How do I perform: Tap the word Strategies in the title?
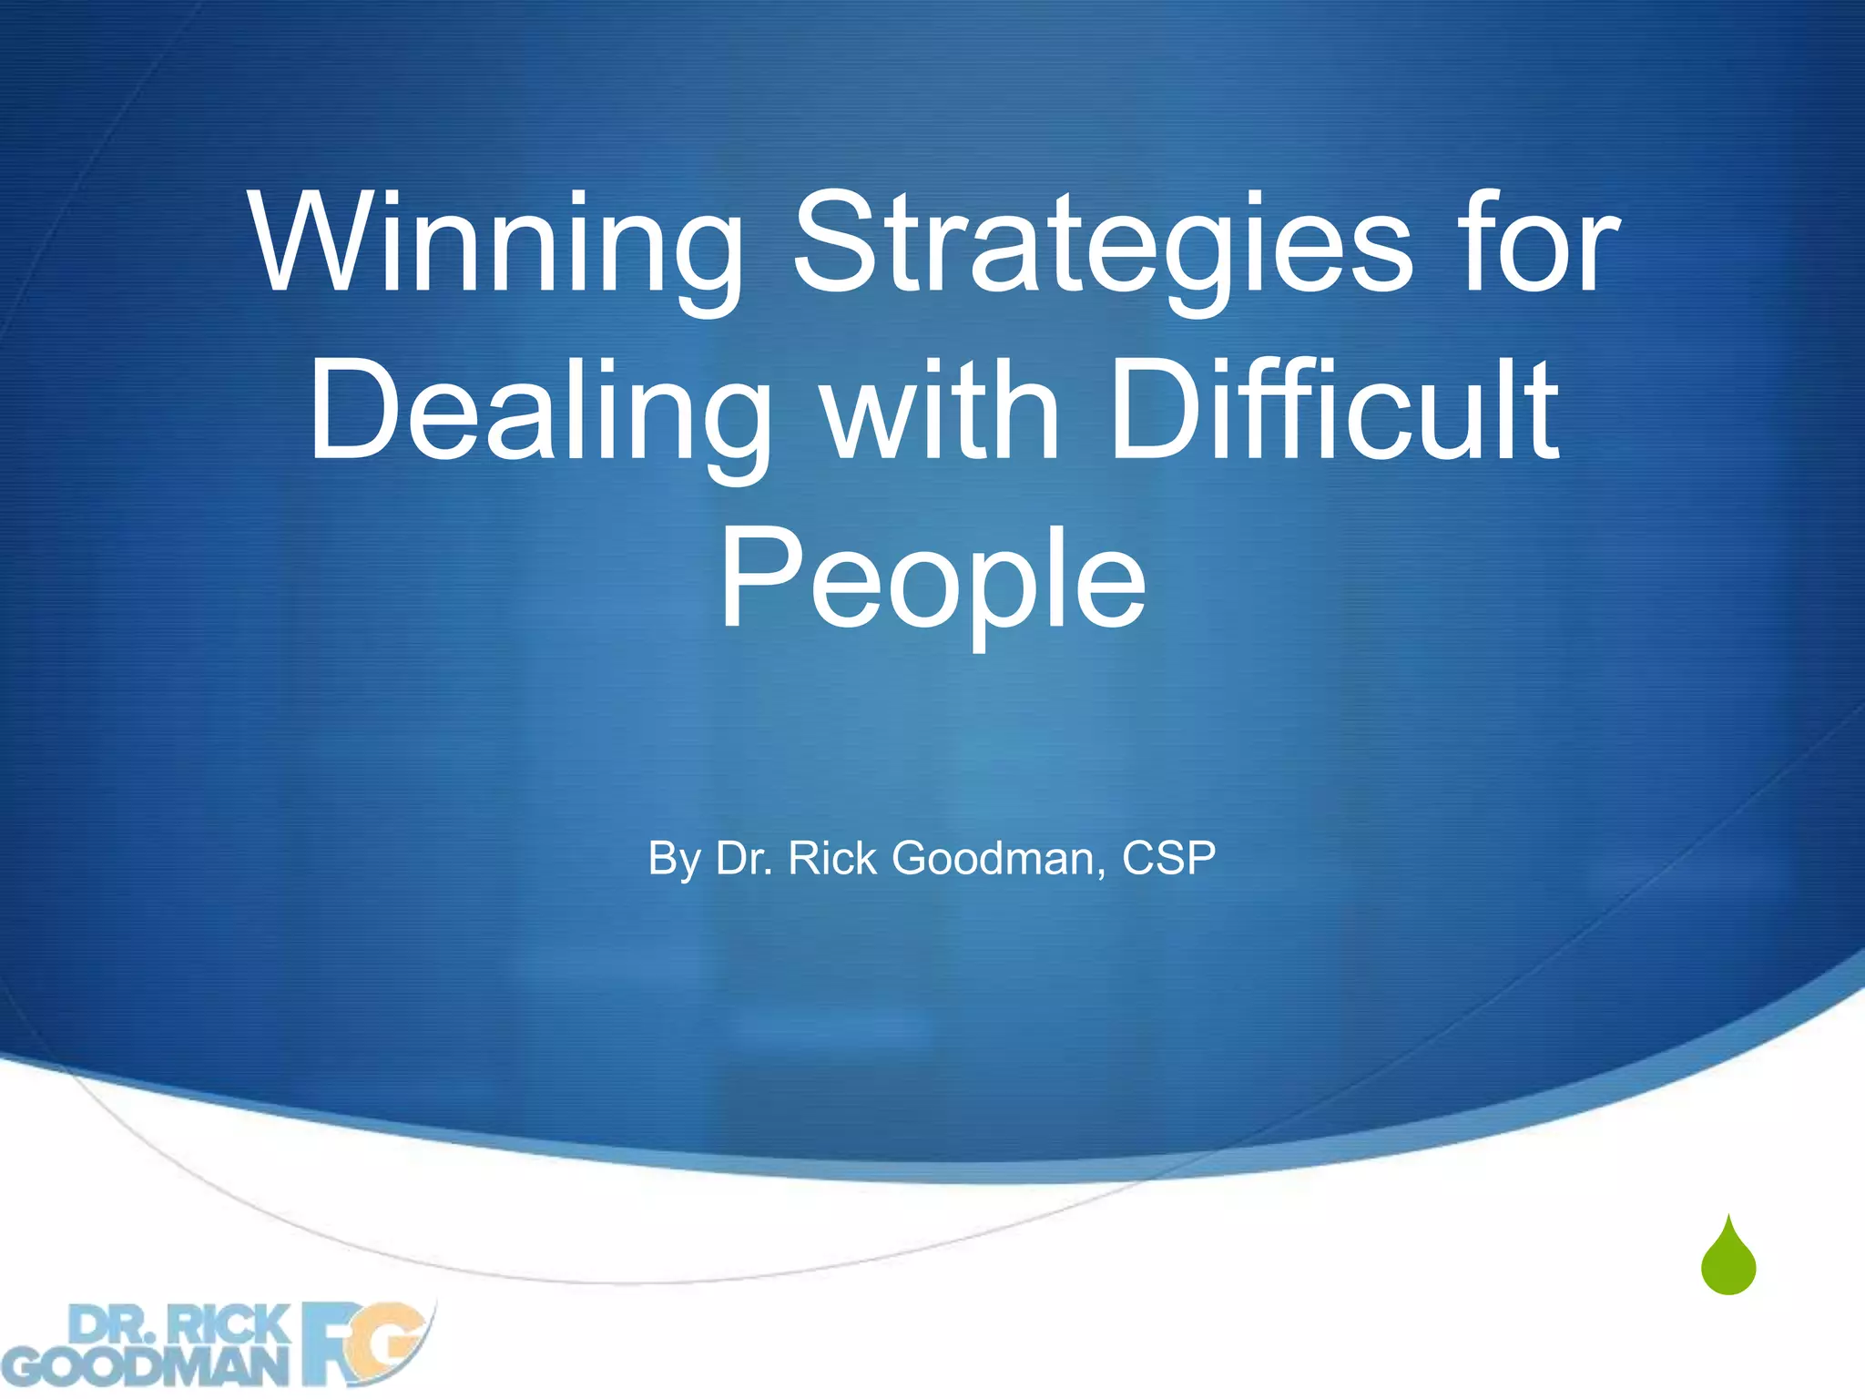[1103, 244]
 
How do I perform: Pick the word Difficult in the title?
[1335, 412]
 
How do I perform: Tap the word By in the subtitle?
[674, 859]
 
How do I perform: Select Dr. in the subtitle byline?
[744, 859]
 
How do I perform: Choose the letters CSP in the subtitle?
[1168, 859]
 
